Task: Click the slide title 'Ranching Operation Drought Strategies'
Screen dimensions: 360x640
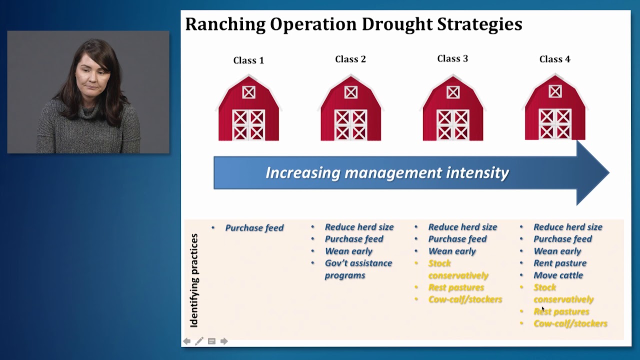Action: [x=353, y=24]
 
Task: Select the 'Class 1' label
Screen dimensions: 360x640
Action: [x=248, y=60]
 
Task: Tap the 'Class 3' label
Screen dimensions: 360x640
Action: [x=452, y=58]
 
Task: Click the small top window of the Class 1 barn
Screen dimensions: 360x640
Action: [x=248, y=92]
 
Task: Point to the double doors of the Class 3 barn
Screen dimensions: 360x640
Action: [x=452, y=124]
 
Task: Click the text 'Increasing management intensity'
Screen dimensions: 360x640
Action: [x=387, y=173]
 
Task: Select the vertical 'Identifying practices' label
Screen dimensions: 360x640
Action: [x=194, y=280]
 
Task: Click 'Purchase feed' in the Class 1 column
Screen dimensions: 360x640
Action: [x=254, y=228]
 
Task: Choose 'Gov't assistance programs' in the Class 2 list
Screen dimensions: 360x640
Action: [x=358, y=269]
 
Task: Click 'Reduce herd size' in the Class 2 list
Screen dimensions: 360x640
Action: [x=359, y=227]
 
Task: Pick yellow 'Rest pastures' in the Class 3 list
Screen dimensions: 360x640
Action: [x=456, y=287]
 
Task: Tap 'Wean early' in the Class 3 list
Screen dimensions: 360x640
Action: [x=452, y=251]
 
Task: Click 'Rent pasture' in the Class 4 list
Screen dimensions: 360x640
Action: [x=560, y=263]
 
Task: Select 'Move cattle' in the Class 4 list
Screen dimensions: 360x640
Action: [x=558, y=275]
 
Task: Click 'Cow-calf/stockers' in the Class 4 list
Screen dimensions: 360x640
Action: [x=570, y=323]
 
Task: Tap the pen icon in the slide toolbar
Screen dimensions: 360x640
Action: [x=199, y=341]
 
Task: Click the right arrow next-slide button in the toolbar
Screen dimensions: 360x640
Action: [x=224, y=341]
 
